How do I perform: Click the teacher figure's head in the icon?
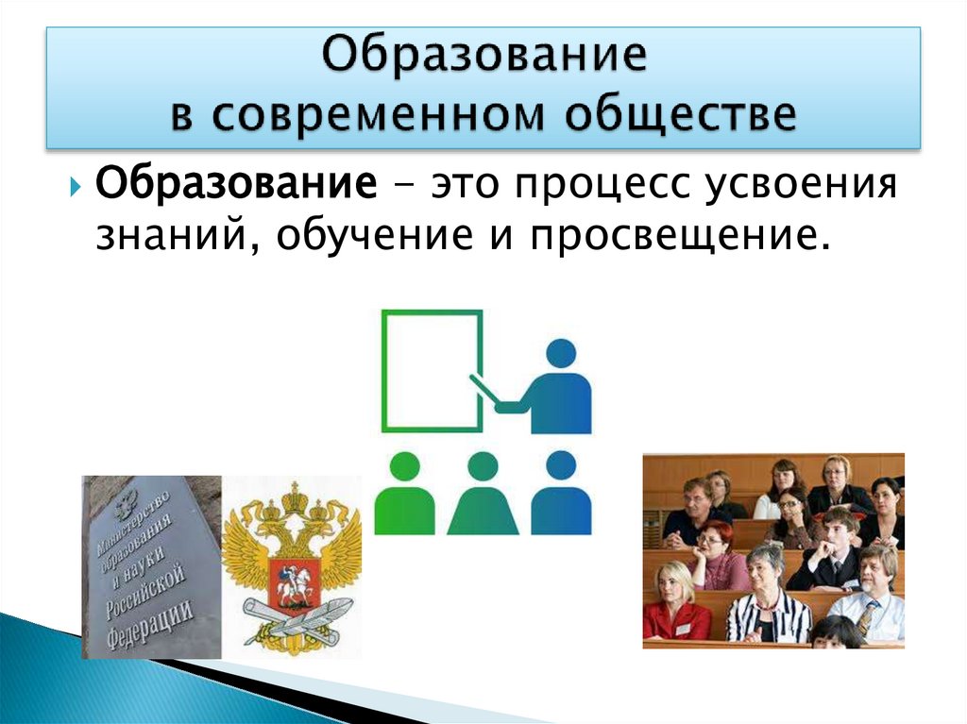click(561, 354)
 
